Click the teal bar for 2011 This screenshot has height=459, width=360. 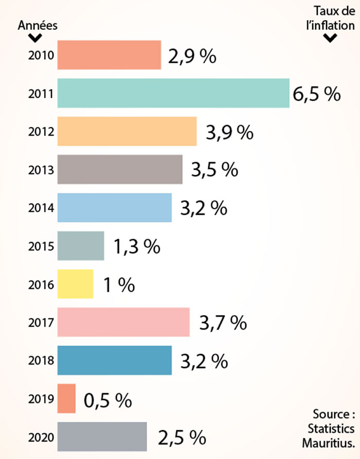[x=173, y=93]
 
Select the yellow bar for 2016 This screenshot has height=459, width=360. [x=75, y=284]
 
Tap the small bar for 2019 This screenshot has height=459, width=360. [x=66, y=398]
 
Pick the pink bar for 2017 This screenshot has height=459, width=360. [x=123, y=322]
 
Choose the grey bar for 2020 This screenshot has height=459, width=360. [x=102, y=436]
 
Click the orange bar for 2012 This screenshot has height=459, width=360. [x=127, y=131]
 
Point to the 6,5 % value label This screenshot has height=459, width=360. [x=317, y=95]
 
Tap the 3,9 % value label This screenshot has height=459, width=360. [x=230, y=133]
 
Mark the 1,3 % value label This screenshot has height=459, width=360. [x=137, y=247]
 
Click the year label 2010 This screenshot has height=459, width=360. [x=42, y=55]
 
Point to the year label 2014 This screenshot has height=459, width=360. [x=42, y=208]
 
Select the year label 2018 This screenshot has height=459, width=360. [x=42, y=360]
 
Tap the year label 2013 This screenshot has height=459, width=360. [x=42, y=170]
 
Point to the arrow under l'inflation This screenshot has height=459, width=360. [x=331, y=38]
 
